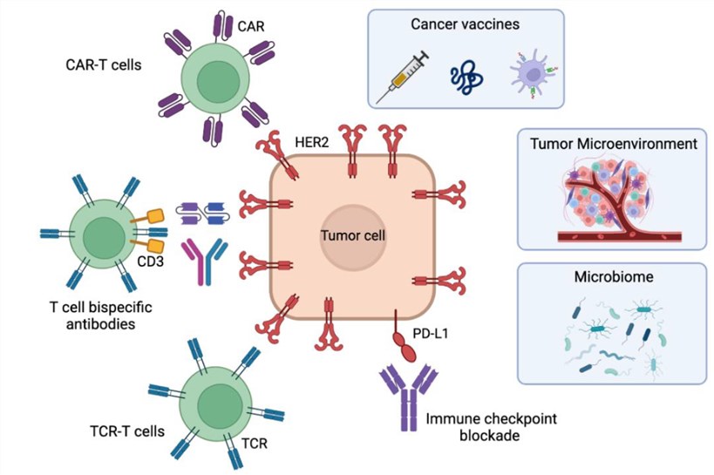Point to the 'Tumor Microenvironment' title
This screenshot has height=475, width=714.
click(x=614, y=143)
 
